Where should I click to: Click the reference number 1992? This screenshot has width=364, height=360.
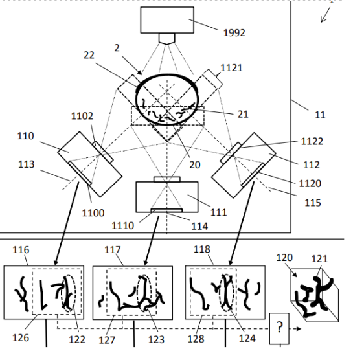234,33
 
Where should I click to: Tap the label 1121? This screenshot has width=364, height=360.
231,68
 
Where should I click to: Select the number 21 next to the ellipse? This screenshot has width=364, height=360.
243,114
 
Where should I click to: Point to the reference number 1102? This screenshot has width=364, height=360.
82,116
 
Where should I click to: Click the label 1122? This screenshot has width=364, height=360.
312,141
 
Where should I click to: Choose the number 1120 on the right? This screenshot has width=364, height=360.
310,184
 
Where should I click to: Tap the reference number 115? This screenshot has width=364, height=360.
313,203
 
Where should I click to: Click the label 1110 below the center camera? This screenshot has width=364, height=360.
123,226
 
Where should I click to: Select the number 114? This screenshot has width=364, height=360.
199,227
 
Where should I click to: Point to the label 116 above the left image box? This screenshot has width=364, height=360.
21,250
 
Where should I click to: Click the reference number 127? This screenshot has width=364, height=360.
107,341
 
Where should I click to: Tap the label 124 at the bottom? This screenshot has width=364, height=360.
247,339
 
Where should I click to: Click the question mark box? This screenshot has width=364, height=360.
279,329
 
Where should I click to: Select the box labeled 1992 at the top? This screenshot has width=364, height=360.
167,20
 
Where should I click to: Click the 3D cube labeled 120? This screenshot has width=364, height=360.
315,295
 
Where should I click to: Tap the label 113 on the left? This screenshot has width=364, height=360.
27,164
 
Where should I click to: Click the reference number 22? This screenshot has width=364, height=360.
89,55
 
